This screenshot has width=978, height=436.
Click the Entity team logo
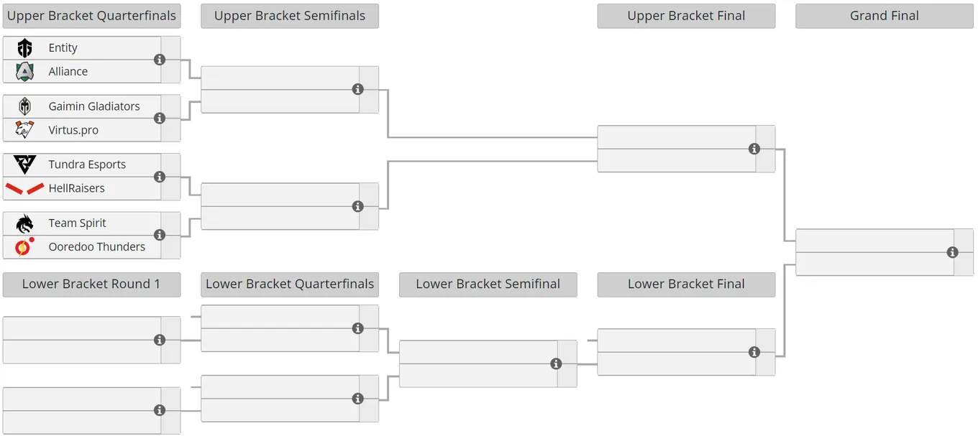[25, 48]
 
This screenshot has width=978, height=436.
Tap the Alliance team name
[68, 72]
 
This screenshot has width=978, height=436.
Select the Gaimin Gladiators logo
[25, 106]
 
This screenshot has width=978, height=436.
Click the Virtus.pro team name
[73, 130]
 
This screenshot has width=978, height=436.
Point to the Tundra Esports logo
[25, 164]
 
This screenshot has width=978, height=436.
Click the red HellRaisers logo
[25, 188]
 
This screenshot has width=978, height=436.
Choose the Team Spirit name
[77, 223]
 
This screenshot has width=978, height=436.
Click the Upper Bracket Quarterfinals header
[92, 16]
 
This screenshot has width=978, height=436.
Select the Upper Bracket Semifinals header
[290, 16]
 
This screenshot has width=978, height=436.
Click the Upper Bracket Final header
[686, 16]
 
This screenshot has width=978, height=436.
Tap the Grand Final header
[885, 16]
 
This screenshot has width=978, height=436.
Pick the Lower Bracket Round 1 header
[92, 284]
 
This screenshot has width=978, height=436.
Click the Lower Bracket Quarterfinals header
[290, 284]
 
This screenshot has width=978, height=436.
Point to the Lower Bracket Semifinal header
[488, 284]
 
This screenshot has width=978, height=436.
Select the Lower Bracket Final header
[686, 284]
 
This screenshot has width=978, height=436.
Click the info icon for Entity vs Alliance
[160, 60]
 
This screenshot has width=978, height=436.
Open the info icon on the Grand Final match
[953, 252]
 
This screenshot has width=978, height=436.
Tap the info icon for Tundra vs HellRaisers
[160, 177]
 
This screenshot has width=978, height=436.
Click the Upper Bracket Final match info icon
[754, 149]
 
